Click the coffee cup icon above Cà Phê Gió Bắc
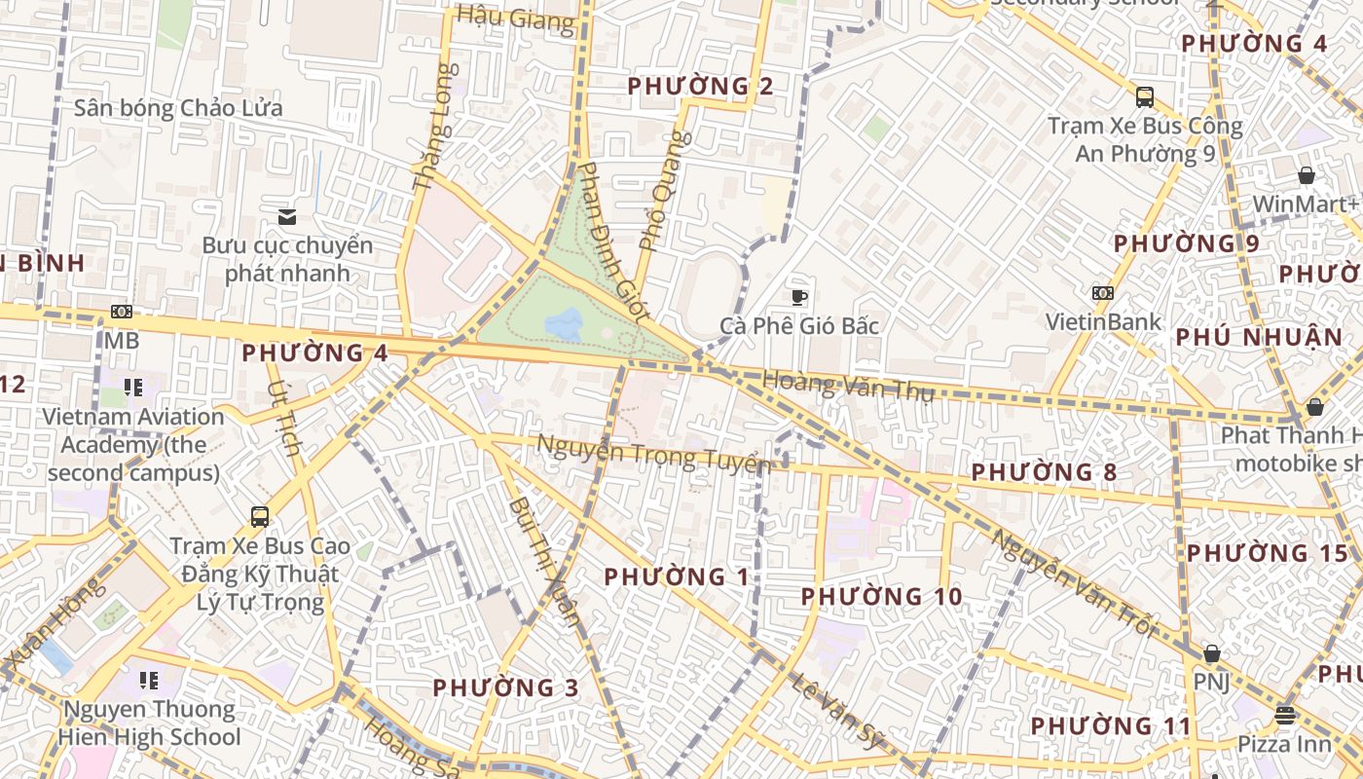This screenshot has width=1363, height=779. [x=799, y=297]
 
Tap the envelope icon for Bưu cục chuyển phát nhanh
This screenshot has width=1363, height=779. [x=287, y=216]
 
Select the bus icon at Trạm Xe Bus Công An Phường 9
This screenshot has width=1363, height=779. [x=1145, y=97]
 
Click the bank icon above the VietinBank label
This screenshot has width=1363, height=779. [x=1103, y=293]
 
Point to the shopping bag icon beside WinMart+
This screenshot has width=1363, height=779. [x=1307, y=175]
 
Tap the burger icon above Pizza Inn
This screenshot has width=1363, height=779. [x=1285, y=716]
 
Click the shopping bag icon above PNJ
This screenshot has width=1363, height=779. [x=1211, y=653]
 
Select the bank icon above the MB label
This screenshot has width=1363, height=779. [x=122, y=312]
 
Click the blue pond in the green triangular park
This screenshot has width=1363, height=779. [x=564, y=324]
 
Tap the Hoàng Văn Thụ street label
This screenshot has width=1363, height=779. [x=848, y=386]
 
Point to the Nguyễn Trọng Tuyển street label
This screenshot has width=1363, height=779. [x=654, y=455]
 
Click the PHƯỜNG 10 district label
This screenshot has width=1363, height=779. [x=881, y=596]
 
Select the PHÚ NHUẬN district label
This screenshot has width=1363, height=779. [x=1259, y=338]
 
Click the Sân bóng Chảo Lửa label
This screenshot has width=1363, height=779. [x=178, y=108]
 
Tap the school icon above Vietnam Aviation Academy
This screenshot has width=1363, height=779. [x=134, y=388]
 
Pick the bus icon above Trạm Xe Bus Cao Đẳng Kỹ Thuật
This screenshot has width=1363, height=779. [x=260, y=517]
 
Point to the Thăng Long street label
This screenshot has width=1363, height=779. [x=435, y=127]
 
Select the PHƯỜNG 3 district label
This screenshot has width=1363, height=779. [x=505, y=687]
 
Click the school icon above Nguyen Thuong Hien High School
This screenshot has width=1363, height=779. [x=149, y=680]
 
